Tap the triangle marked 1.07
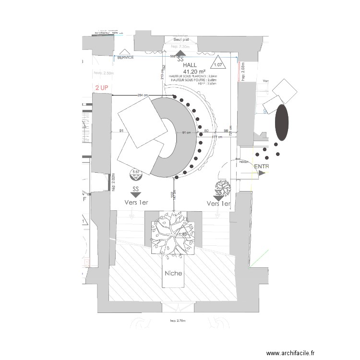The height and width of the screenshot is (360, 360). (218, 64)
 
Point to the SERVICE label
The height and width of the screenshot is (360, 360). (125, 57)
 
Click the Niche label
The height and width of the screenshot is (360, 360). (173, 273)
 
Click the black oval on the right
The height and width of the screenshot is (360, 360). (282, 122)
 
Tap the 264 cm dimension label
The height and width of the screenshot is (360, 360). (143, 95)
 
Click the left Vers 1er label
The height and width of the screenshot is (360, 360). (136, 203)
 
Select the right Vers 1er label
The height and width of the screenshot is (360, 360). (218, 204)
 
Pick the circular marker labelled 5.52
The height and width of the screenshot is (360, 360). (135, 173)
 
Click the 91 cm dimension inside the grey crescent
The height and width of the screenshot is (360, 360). (186, 132)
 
